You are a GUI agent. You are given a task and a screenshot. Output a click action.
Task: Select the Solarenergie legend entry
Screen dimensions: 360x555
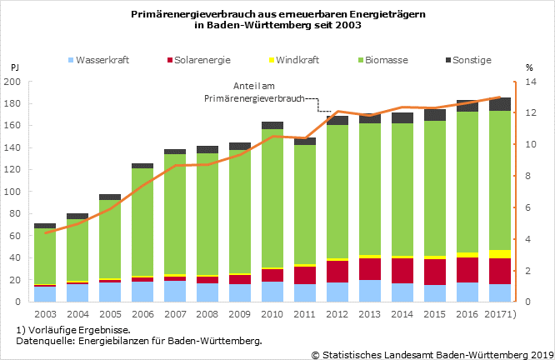[199, 60]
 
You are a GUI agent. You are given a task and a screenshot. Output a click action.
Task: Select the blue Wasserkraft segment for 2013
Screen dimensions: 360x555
[370, 291]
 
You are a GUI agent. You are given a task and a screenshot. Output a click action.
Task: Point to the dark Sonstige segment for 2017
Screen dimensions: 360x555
[500, 104]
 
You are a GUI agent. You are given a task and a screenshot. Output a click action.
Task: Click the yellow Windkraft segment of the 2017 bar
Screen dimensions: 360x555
[500, 254]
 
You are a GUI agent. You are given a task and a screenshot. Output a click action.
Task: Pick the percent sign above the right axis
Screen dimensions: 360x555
[529, 66]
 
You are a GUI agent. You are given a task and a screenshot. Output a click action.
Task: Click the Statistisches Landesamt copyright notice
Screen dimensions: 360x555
[431, 353]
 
